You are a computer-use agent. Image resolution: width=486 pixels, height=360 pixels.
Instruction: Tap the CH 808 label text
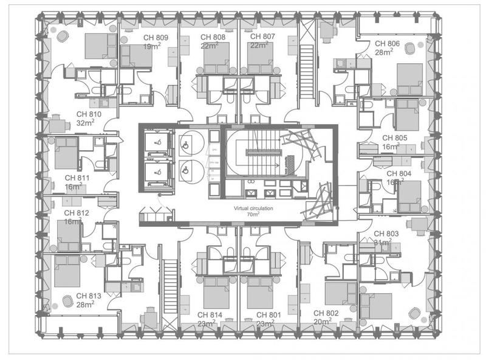click(x=213, y=37)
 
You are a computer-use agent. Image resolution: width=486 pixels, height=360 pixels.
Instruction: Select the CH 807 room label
click(x=262, y=37)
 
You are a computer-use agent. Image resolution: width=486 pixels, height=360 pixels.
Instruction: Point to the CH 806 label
click(x=387, y=44)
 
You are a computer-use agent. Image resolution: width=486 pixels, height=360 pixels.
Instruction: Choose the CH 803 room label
click(x=386, y=234)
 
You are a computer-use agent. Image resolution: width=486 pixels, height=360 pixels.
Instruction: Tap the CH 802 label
click(x=326, y=313)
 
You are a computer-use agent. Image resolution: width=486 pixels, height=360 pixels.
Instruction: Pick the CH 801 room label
click(x=269, y=315)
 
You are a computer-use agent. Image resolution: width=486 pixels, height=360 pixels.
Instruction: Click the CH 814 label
click(x=211, y=315)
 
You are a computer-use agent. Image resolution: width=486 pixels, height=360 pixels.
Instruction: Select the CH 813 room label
click(x=89, y=296)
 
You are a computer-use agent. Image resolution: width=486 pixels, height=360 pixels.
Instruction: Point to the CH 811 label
click(x=77, y=178)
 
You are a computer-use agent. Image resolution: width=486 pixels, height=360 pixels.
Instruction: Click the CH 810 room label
click(x=88, y=114)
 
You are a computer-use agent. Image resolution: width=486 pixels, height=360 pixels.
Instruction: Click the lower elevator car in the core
click(x=157, y=172)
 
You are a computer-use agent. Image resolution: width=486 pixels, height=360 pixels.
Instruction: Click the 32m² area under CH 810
click(x=89, y=122)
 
